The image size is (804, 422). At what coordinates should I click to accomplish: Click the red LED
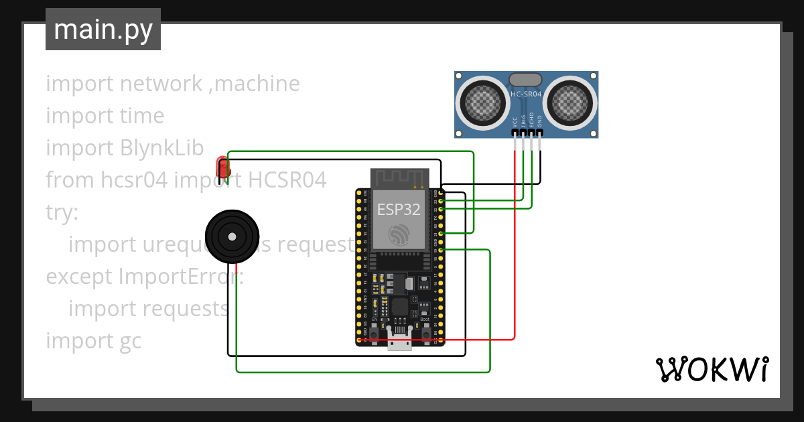[222, 167]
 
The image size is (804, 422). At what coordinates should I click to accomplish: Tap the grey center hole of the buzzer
[232, 236]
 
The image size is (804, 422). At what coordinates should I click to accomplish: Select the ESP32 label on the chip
[399, 209]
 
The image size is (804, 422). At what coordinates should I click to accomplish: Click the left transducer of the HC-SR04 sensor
[480, 102]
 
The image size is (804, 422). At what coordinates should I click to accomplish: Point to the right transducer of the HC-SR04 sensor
[572, 102]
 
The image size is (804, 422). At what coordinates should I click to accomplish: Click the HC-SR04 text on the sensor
[526, 94]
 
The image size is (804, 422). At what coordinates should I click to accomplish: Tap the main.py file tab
[103, 29]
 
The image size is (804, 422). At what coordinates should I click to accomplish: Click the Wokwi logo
[711, 369]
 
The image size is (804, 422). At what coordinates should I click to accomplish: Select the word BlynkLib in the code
[162, 148]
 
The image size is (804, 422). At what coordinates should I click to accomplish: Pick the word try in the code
[62, 212]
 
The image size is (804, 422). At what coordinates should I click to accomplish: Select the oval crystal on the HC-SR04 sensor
[526, 80]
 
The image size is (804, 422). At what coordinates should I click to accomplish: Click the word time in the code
[140, 116]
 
